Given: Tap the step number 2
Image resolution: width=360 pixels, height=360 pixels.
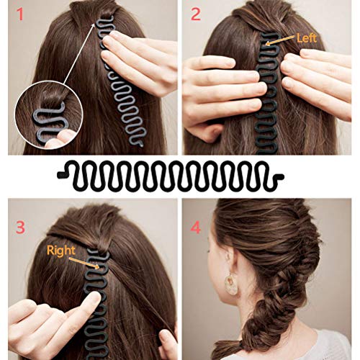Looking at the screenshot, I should [196, 14].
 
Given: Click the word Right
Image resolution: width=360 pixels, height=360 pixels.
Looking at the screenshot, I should [60, 251].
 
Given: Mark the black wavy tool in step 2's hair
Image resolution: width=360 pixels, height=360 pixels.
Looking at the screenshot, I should [270, 94].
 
